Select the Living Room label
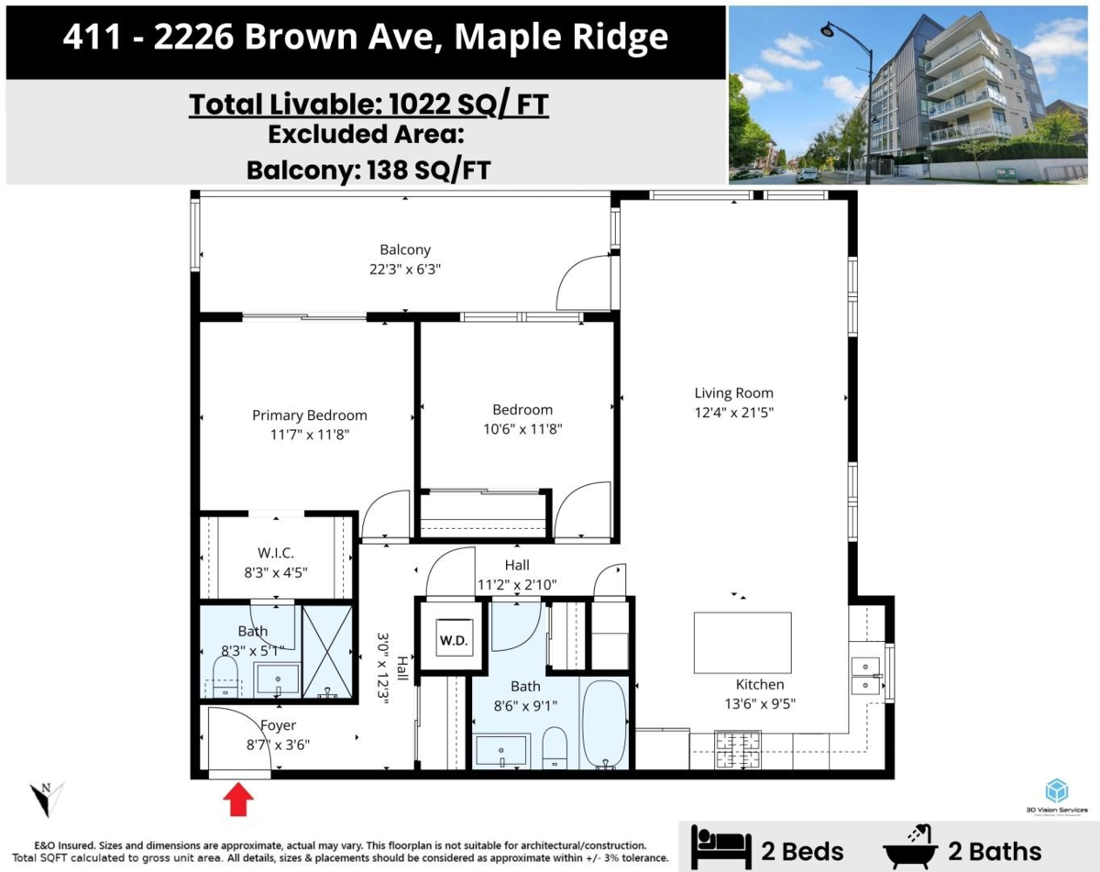pos(733,393)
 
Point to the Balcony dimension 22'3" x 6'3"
pos(405,270)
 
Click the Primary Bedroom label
pos(309,415)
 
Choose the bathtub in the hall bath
pos(604,722)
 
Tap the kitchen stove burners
pos(737,749)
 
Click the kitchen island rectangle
pos(742,643)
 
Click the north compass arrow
pos(43,798)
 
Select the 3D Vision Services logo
pos(1057,795)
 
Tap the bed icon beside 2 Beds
pos(720,848)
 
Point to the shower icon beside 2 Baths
pos(910,847)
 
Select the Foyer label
pos(278,725)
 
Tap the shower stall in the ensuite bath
pos(327,653)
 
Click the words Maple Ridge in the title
pos(561,39)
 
